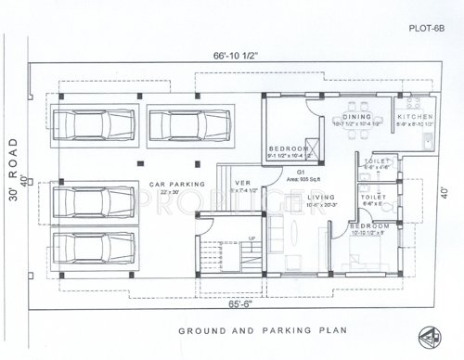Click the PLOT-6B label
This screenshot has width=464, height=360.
pyautogui.click(x=429, y=29)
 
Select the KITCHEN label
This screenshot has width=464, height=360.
pyautogui.click(x=413, y=116)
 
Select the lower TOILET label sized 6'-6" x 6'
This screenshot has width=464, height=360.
pyautogui.click(x=372, y=198)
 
